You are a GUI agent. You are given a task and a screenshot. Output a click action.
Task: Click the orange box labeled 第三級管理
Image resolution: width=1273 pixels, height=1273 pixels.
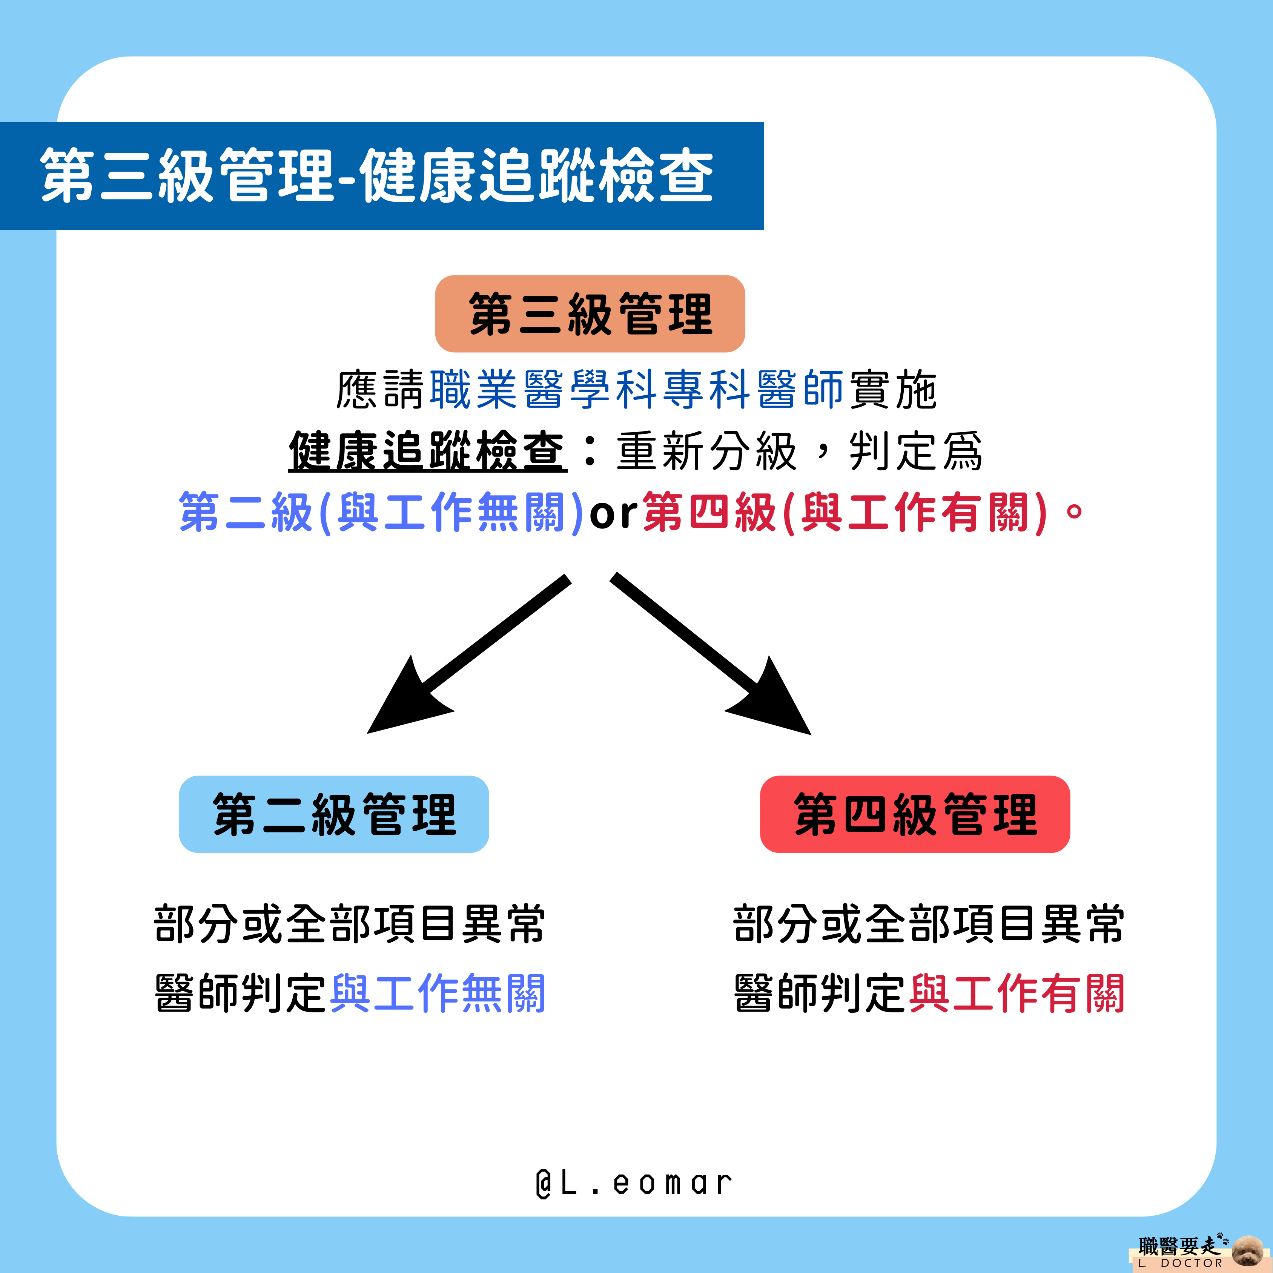point(590,314)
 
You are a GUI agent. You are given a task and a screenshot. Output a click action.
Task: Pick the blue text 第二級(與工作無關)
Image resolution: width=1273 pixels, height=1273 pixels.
point(381,513)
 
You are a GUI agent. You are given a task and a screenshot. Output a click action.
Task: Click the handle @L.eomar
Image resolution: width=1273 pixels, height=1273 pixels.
point(634,1183)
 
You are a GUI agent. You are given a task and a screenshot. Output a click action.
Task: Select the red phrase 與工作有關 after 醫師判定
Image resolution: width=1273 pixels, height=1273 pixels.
point(1017,994)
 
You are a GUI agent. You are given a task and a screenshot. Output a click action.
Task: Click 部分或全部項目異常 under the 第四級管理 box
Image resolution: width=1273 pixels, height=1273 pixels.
point(929,924)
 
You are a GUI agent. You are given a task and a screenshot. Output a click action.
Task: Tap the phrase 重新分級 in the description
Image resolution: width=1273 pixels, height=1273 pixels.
point(707,452)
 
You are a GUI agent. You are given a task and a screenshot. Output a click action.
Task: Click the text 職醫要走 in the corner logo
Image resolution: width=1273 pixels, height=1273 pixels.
point(1178,1246)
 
